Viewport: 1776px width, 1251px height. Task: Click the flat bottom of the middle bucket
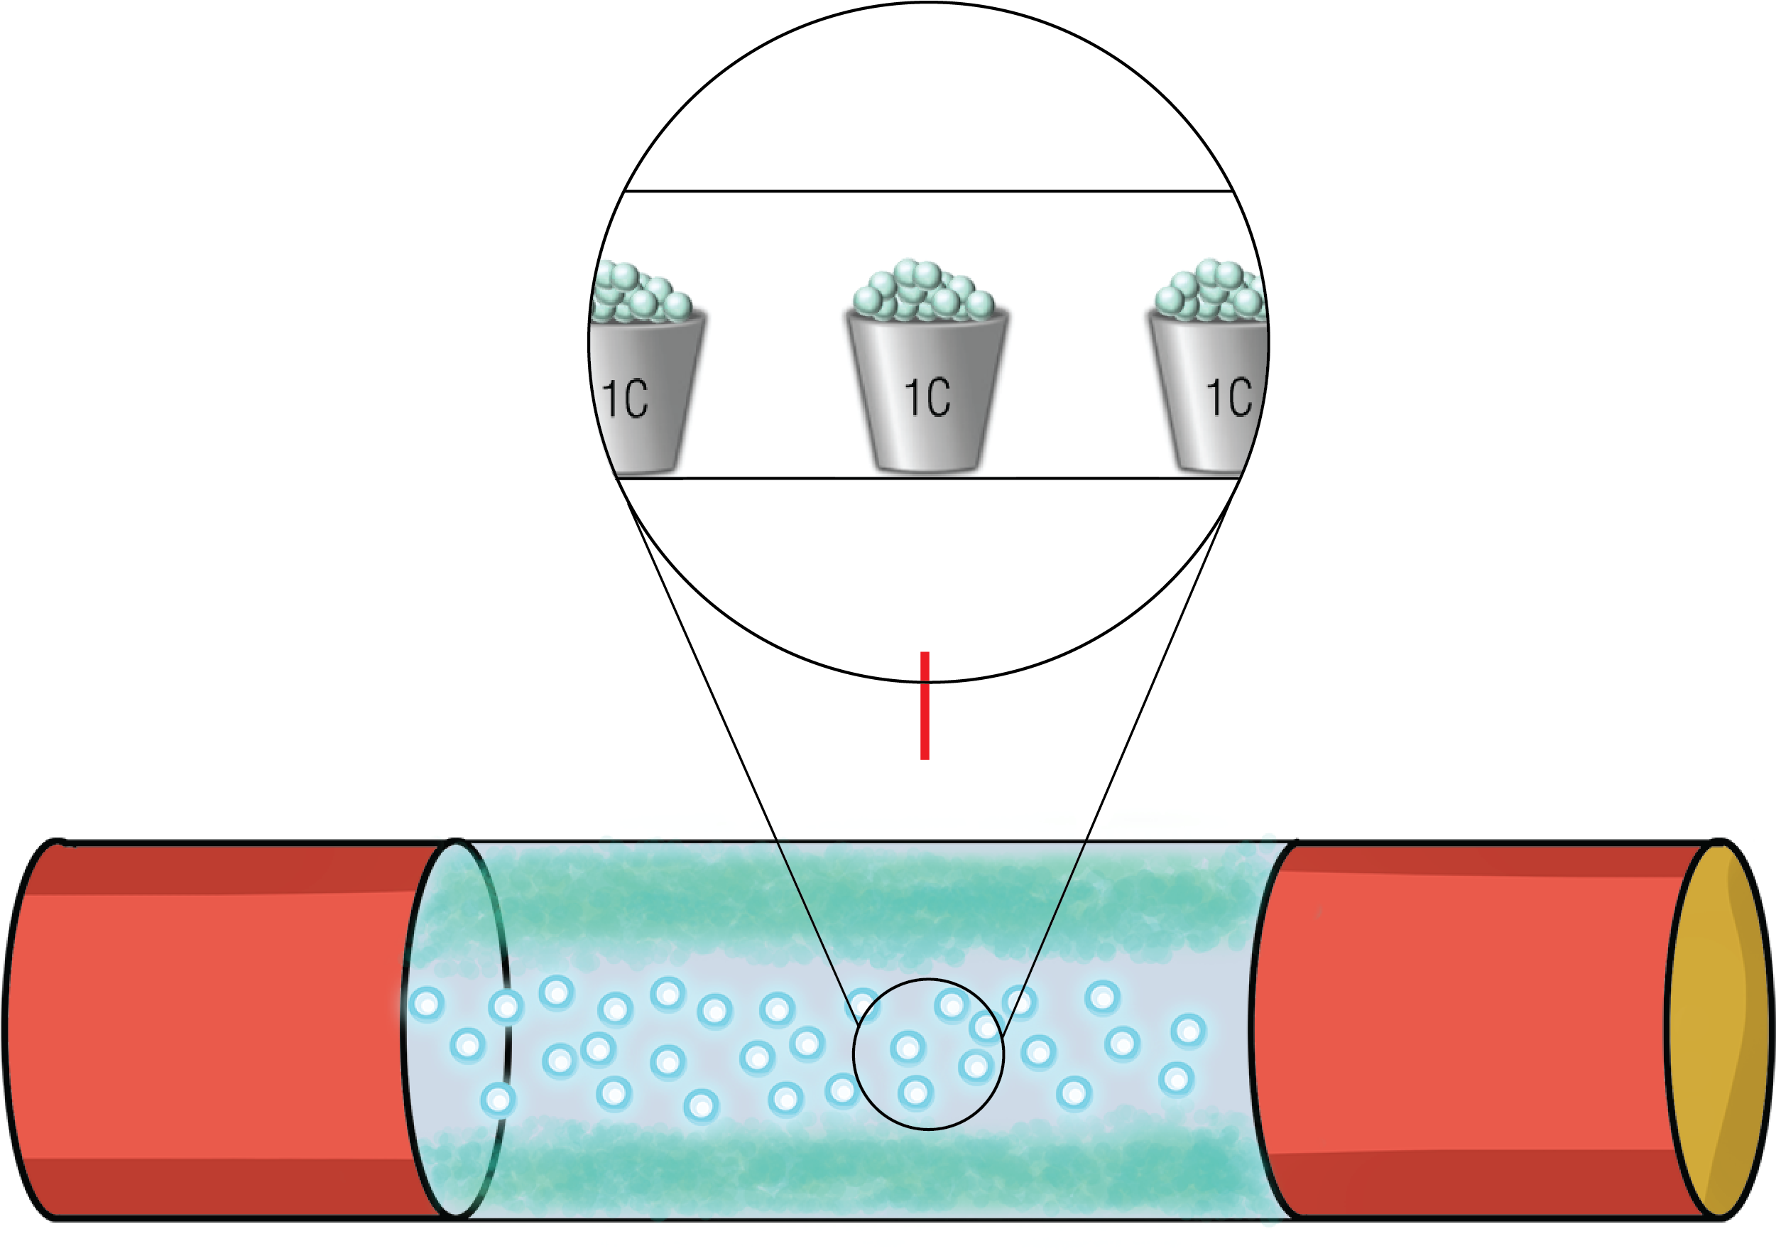[x=926, y=466]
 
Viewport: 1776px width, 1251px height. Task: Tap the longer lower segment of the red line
[x=925, y=721]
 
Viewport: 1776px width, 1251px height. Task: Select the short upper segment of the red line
[x=925, y=666]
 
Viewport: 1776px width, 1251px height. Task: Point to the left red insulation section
[x=217, y=1029]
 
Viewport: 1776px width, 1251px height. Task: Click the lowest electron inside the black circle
[x=916, y=1093]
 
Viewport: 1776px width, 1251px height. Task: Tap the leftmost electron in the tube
[x=426, y=1004]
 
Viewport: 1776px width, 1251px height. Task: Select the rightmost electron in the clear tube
[x=1188, y=1031]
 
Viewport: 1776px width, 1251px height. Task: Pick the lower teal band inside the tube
[x=851, y=1168]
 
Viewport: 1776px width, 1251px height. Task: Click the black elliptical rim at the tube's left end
[x=405, y=1029]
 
